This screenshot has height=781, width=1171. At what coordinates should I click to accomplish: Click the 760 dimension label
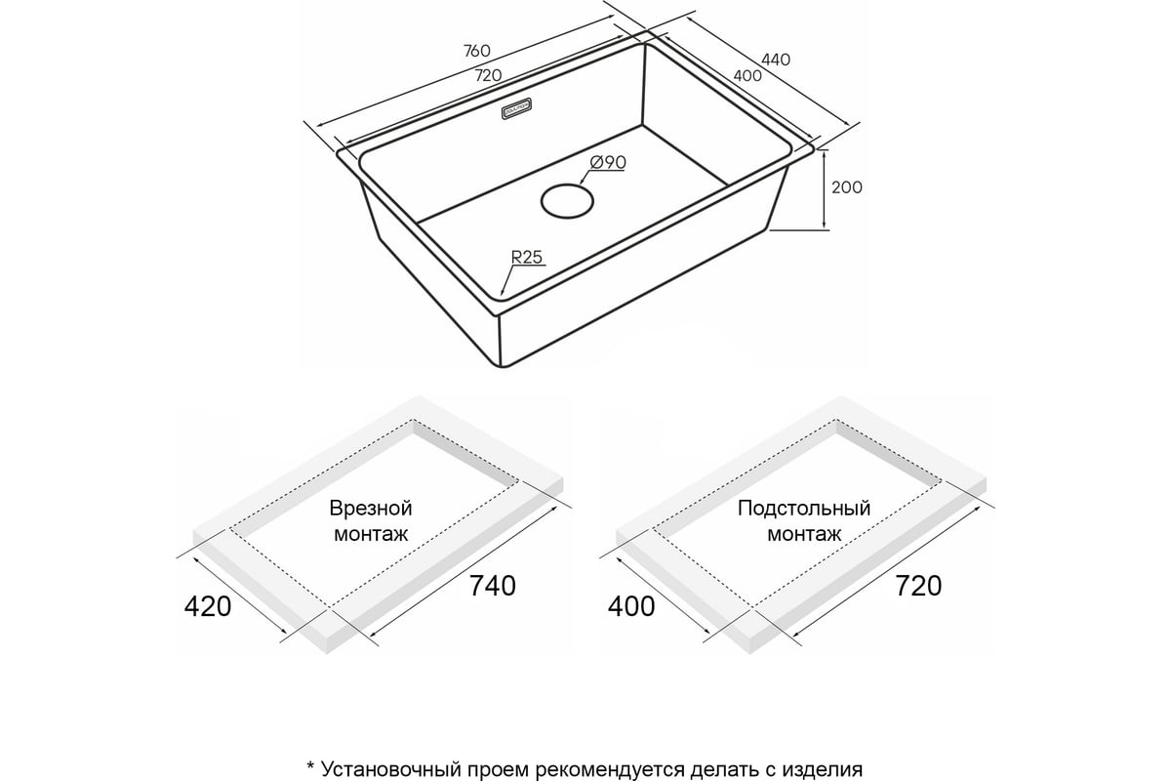(477, 51)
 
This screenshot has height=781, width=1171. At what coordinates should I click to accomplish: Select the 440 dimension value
(775, 61)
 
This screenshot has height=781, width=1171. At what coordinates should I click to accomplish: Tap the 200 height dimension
(846, 187)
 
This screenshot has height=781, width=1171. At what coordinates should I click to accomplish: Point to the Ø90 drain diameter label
(607, 163)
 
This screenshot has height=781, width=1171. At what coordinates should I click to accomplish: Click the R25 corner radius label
(526, 258)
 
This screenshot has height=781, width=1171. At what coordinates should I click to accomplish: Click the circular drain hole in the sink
(567, 201)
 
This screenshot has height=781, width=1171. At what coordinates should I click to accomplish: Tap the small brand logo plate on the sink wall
(516, 108)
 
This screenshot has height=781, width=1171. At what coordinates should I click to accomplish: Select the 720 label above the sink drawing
(488, 76)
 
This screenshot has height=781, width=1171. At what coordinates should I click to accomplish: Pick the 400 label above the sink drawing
(747, 76)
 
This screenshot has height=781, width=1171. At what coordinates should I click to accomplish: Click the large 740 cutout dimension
(493, 586)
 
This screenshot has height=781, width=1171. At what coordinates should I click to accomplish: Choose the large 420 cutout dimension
(208, 607)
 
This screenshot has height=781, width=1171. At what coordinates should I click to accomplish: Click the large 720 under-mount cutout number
(918, 586)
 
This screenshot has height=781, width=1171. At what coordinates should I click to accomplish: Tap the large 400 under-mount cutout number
(631, 607)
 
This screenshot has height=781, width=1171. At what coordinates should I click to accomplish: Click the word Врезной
(371, 509)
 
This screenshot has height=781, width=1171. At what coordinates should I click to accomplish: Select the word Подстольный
(804, 509)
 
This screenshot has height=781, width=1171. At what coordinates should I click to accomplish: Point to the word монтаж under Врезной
(371, 535)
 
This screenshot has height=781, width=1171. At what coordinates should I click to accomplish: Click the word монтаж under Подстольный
(804, 535)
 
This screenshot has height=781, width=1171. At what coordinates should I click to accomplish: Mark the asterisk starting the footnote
(310, 767)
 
